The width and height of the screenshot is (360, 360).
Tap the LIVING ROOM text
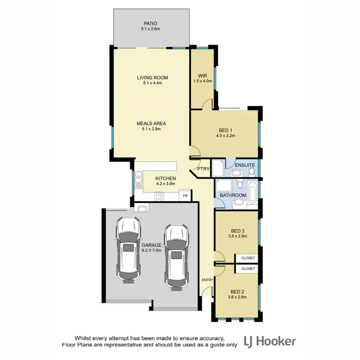pos(152,77)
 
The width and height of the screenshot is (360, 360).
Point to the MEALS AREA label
pos(151,123)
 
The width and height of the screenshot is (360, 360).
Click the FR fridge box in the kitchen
pos(185,196)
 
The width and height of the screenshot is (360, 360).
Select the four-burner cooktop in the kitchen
pos(159,196)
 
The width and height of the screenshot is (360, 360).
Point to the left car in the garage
pos(128,249)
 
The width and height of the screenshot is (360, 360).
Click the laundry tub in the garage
pos(142,208)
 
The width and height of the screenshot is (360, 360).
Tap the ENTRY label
pos(207,280)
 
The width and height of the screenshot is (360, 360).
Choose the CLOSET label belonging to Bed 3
pos(248,258)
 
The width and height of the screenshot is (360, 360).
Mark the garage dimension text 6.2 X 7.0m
pos(151,250)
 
